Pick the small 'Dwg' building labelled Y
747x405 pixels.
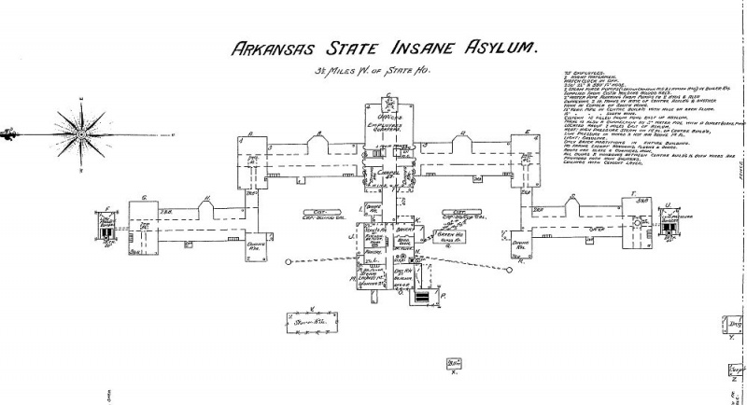[x=735, y=326]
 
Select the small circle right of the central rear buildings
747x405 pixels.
[x=510, y=271]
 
